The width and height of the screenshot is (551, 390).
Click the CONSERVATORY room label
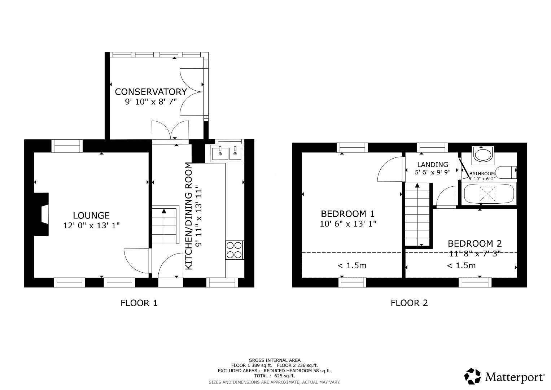[151, 92]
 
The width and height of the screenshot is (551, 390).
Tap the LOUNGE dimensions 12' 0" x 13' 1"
[91, 225]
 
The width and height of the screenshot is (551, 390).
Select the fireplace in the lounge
[43, 214]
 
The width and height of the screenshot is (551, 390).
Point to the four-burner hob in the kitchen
[234, 250]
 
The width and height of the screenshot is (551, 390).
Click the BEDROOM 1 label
[348, 213]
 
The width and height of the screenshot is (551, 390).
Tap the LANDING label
[433, 165]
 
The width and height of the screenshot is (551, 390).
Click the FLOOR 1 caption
[139, 303]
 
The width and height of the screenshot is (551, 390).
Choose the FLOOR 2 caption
[409, 303]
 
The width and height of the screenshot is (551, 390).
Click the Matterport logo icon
[472, 376]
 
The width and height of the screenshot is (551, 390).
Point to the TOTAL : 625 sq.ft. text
[274, 376]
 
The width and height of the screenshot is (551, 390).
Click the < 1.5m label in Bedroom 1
[352, 266]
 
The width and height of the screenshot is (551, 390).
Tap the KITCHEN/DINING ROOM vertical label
[188, 216]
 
